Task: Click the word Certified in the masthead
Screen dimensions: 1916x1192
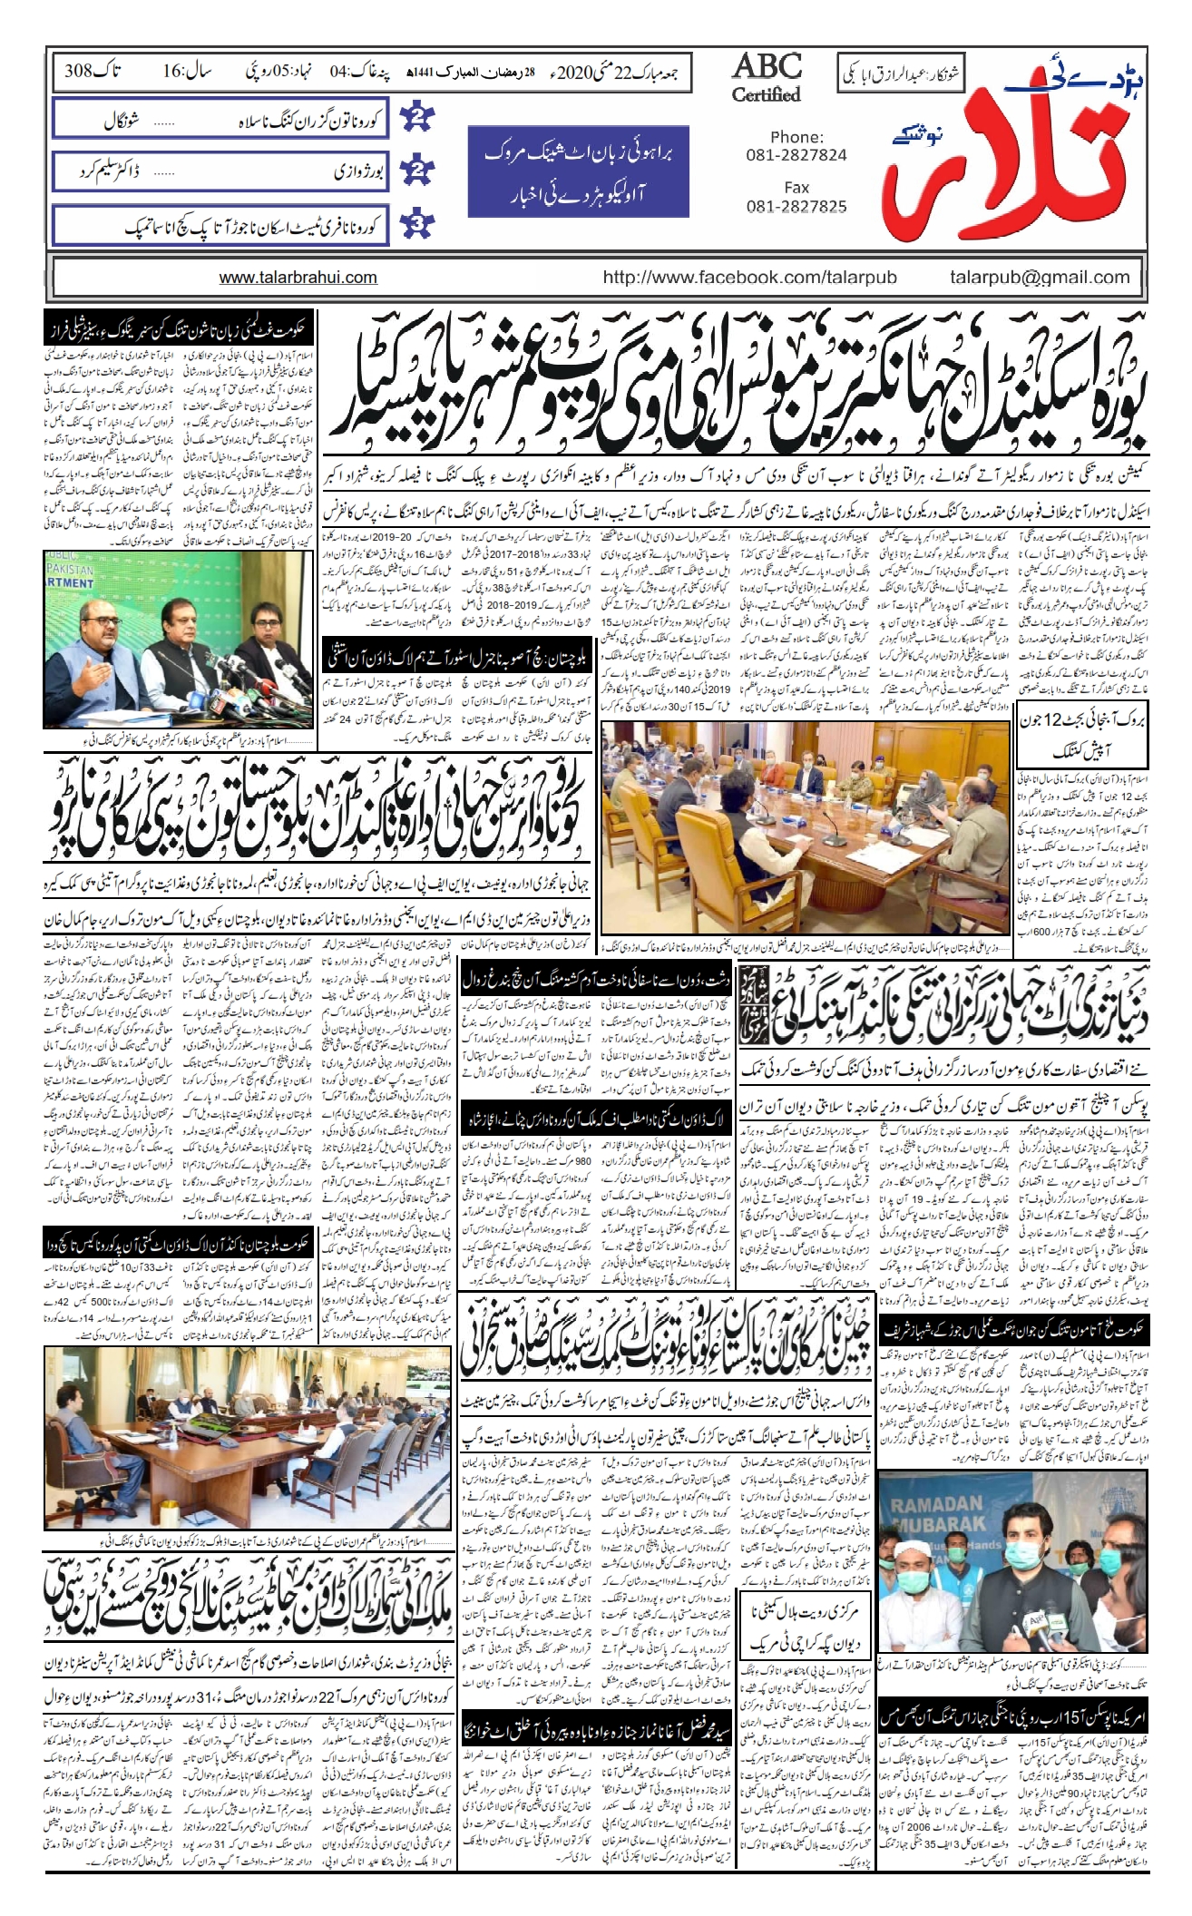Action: click(767, 94)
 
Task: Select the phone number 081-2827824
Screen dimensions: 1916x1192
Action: click(796, 155)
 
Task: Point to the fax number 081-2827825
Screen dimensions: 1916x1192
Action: click(796, 206)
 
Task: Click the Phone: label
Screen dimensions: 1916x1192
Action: click(796, 137)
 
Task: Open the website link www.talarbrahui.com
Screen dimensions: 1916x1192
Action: click(298, 278)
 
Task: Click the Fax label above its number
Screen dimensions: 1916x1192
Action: click(796, 188)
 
